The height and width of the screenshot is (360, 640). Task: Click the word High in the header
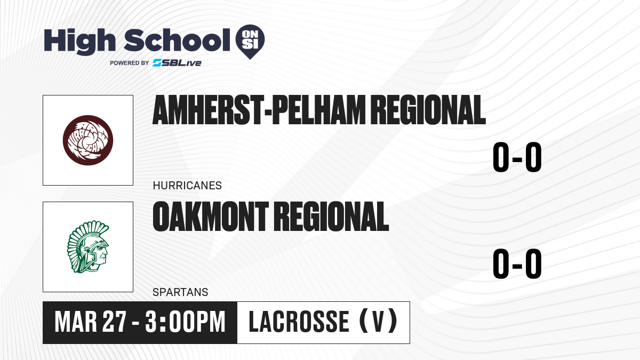click(x=80, y=42)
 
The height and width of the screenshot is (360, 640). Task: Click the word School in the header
click(x=177, y=40)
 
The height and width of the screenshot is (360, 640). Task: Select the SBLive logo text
click(x=177, y=63)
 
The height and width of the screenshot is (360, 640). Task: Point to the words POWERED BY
click(x=130, y=63)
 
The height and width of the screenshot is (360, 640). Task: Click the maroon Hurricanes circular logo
click(x=88, y=140)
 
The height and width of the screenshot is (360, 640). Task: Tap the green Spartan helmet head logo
click(x=88, y=247)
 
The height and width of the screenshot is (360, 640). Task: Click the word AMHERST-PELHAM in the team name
click(x=259, y=110)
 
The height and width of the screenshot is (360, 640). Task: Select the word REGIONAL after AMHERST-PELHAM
click(x=428, y=110)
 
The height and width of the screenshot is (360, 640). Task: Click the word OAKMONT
click(x=211, y=217)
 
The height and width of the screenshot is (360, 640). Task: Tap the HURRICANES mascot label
click(x=187, y=186)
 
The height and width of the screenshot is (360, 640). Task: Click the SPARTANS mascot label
click(x=180, y=292)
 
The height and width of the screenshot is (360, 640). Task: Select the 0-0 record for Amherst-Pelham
click(x=517, y=157)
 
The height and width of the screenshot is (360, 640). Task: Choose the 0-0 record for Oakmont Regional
click(x=517, y=263)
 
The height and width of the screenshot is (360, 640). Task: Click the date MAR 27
click(x=90, y=322)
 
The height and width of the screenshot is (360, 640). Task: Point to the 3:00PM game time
click(x=185, y=322)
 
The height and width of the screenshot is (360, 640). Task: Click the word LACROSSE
click(x=299, y=322)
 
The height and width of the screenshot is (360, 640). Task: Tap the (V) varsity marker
click(x=378, y=322)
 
